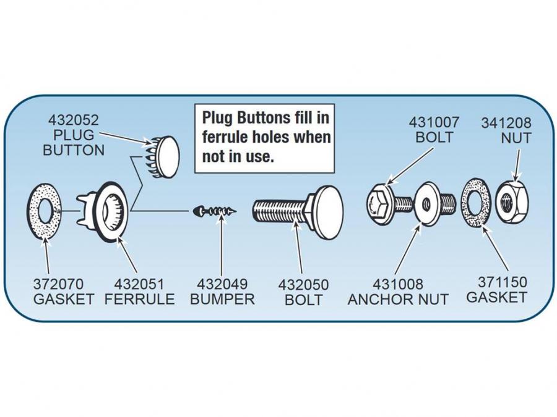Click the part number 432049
tap(222, 285)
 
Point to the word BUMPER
tap(222, 300)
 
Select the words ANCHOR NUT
tap(398, 300)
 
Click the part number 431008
tap(398, 285)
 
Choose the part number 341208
tap(506, 123)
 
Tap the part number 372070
tap(58, 285)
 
